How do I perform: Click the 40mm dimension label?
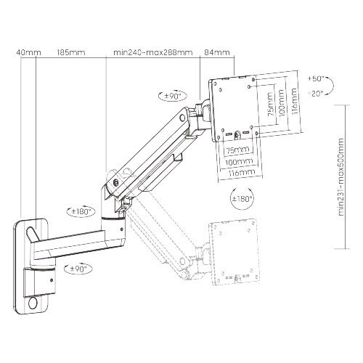[29, 52]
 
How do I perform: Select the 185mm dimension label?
[71, 52]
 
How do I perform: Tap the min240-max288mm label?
[153, 52]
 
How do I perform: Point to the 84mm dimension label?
[217, 52]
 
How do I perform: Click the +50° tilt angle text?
[316, 78]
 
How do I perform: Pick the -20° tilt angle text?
[316, 94]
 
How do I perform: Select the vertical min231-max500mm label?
[341, 177]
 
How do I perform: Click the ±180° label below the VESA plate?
[242, 199]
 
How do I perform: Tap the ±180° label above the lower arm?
[81, 211]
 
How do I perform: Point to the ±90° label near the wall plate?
[78, 269]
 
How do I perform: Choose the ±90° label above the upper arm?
[173, 96]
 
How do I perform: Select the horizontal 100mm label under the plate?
[239, 162]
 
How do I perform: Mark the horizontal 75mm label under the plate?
[237, 150]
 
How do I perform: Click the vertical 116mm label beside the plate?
[293, 102]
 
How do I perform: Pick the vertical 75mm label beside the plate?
[271, 105]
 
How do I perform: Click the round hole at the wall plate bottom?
[33, 303]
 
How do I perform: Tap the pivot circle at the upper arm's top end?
[182, 118]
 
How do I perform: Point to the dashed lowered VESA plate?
[234, 252]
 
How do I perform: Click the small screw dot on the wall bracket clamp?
[52, 280]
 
